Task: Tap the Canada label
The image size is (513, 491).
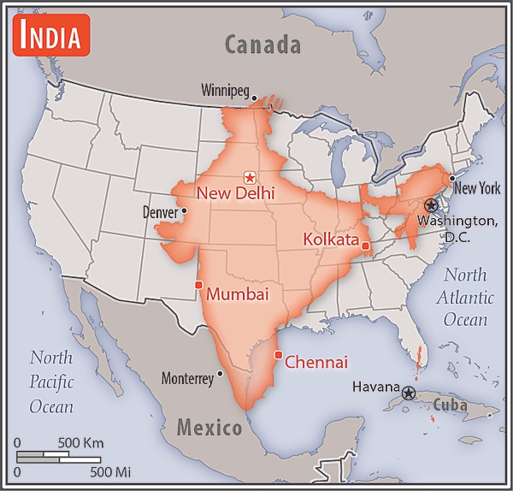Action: tap(262, 44)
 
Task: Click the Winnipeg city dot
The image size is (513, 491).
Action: tap(255, 98)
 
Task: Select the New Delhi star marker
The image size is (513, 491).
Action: tap(250, 177)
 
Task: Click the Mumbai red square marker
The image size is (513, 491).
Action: tap(198, 285)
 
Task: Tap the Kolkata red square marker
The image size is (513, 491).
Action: tap(365, 246)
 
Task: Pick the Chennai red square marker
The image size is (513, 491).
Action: tap(277, 355)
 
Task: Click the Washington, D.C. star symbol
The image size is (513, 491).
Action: tap(432, 206)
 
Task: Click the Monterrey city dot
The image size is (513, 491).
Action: tap(221, 373)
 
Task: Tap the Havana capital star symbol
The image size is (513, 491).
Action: tap(409, 393)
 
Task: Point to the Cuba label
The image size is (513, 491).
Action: tap(450, 405)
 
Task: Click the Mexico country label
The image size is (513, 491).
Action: tap(209, 426)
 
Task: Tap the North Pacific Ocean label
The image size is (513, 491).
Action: tap(51, 382)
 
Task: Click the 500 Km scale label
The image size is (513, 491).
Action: tap(81, 443)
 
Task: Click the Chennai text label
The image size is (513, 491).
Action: tap(315, 363)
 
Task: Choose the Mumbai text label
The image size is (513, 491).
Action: tap(238, 295)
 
